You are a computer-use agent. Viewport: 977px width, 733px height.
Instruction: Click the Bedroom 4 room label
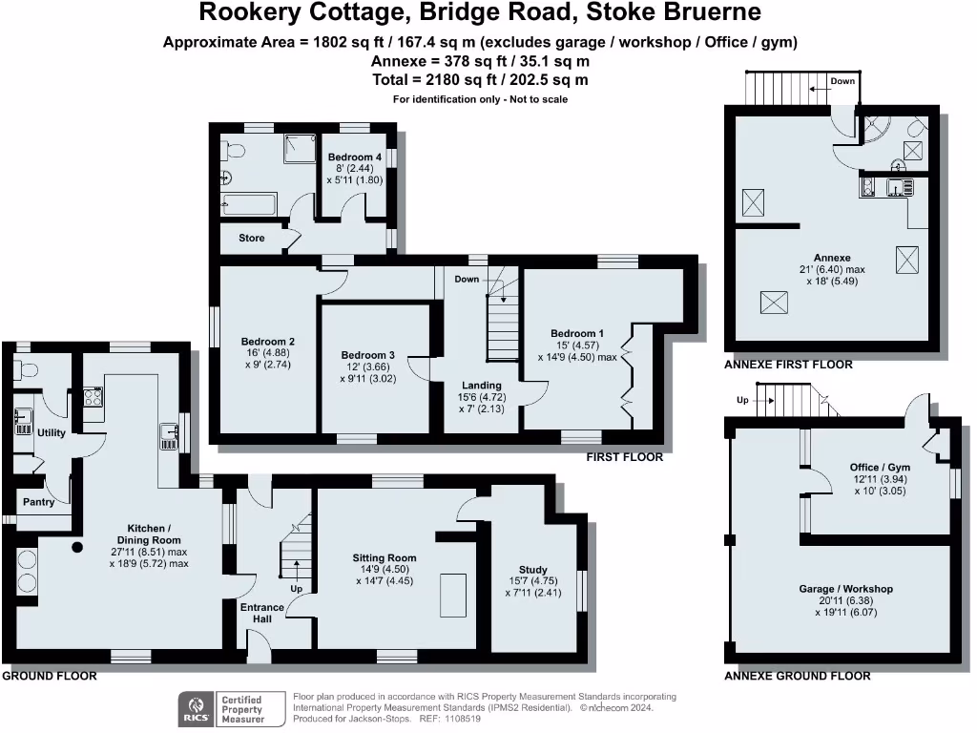coord(350,157)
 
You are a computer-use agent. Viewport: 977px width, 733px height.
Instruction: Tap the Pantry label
coord(38,502)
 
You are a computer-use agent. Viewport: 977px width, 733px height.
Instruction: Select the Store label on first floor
coord(251,238)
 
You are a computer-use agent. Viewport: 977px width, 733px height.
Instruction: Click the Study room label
coord(533,569)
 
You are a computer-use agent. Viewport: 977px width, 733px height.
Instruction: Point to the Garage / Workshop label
coord(845,589)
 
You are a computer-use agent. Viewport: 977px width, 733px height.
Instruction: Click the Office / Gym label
coord(878,468)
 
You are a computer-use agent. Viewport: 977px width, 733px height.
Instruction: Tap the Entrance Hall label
coord(261,613)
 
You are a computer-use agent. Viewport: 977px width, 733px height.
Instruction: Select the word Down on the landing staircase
coord(467,280)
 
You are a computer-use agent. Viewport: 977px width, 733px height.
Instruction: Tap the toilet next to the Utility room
coord(28,370)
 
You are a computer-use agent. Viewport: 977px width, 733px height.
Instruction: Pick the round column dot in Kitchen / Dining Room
coord(77,548)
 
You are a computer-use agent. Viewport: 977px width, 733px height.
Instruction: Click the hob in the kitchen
coord(92,396)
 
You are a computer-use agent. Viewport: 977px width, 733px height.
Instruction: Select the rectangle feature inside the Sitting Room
coord(453,597)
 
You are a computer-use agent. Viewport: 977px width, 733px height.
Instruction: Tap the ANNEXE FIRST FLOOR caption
coord(788,365)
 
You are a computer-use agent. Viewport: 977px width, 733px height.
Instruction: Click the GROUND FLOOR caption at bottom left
coord(50,676)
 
